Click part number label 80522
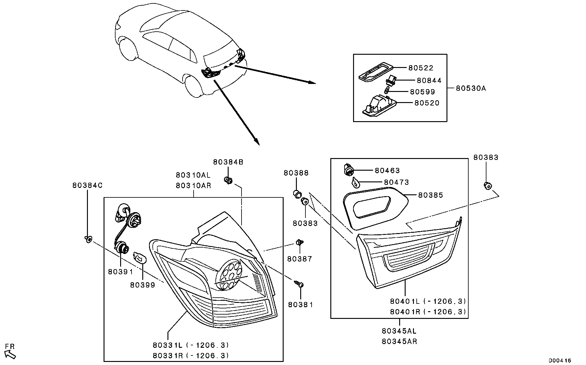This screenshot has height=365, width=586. pos(420,68)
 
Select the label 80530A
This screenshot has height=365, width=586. pos(471,89)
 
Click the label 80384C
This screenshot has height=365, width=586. pos(87,185)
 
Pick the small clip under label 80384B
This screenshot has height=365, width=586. pos(228,180)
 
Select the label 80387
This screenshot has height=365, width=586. pos(299,259)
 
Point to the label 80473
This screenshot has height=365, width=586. pos(396,182)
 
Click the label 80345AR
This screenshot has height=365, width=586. pos(399,341)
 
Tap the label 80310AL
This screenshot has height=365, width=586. pos(193,175)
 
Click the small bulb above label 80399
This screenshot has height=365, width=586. pos(140,258)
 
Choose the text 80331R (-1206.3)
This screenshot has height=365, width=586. pos(191,355)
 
